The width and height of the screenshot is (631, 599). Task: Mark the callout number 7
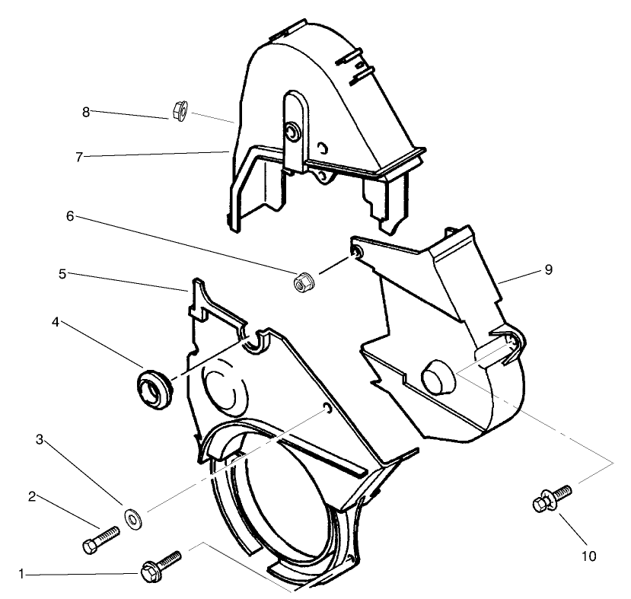pos(78,158)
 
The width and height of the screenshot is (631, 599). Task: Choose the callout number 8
pos(86,112)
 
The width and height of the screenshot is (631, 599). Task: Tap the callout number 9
pos(548,269)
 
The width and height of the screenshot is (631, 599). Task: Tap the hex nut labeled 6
pos(302,282)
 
